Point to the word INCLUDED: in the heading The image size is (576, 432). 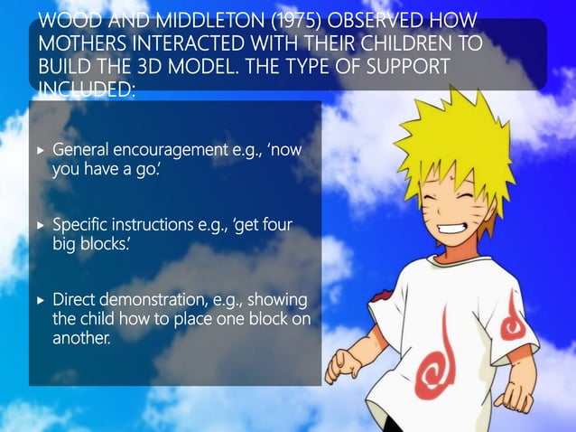(86, 89)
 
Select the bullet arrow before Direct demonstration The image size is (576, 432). (39, 299)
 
